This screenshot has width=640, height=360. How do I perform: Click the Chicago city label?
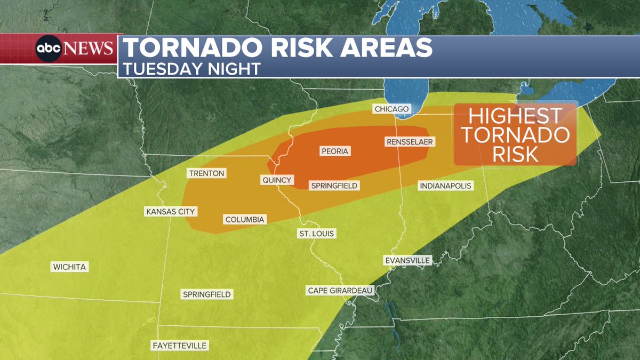click(x=391, y=109)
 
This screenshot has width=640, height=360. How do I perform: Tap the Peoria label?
click(x=334, y=151)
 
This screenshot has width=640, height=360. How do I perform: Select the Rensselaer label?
click(x=409, y=142)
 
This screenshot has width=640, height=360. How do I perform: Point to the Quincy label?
click(x=277, y=180)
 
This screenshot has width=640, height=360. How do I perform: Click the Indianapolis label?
click(x=445, y=186)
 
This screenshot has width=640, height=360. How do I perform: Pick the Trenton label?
click(x=206, y=173)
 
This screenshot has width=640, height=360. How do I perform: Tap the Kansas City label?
click(x=171, y=212)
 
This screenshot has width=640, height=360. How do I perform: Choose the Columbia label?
click(x=244, y=219)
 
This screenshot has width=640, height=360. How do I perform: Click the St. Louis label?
click(x=316, y=234)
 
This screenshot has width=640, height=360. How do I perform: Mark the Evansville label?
click(x=406, y=260)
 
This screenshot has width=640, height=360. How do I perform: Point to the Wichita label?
click(x=69, y=267)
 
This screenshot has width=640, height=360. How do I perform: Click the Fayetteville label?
click(x=179, y=346)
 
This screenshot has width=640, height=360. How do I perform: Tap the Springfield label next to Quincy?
click(x=334, y=186)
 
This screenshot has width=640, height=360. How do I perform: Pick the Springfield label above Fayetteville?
click(x=207, y=294)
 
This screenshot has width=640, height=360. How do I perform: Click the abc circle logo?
click(x=50, y=49)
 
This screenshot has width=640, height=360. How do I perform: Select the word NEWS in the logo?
click(x=89, y=49)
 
